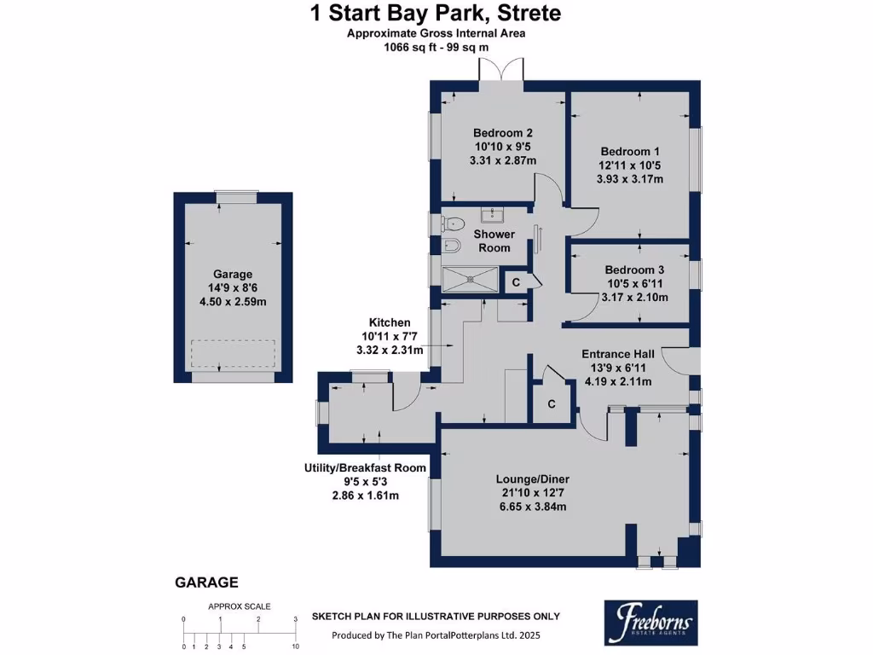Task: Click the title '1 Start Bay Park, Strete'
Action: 435,14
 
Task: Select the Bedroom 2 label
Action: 503,133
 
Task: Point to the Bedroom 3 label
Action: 629,270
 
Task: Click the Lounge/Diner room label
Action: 532,479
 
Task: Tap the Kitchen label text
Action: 390,322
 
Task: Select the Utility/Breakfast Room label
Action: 365,468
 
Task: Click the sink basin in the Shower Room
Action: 493,215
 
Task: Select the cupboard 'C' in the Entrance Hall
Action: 552,404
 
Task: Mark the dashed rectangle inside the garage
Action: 233,352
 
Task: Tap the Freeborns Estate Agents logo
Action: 648,622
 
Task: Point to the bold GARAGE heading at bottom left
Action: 206,583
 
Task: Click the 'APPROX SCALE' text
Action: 240,606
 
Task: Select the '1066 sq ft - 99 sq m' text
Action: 436,47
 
